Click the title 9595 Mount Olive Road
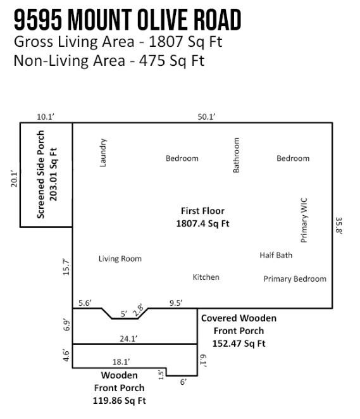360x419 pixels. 127,20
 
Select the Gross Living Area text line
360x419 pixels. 118,43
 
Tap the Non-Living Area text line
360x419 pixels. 109,61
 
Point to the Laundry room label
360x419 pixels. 104,153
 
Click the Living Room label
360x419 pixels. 120,258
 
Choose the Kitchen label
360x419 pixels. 206,277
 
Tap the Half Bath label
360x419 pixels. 276,255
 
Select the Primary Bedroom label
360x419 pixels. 295,278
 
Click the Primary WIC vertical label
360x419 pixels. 304,220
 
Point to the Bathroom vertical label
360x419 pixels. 237,155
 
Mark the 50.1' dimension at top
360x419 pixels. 206,116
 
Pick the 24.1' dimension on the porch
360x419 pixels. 129,339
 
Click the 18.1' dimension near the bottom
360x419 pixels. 121,361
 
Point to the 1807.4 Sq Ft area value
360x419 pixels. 202,223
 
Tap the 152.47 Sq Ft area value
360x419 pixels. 239,344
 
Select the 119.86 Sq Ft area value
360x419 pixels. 119,400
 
